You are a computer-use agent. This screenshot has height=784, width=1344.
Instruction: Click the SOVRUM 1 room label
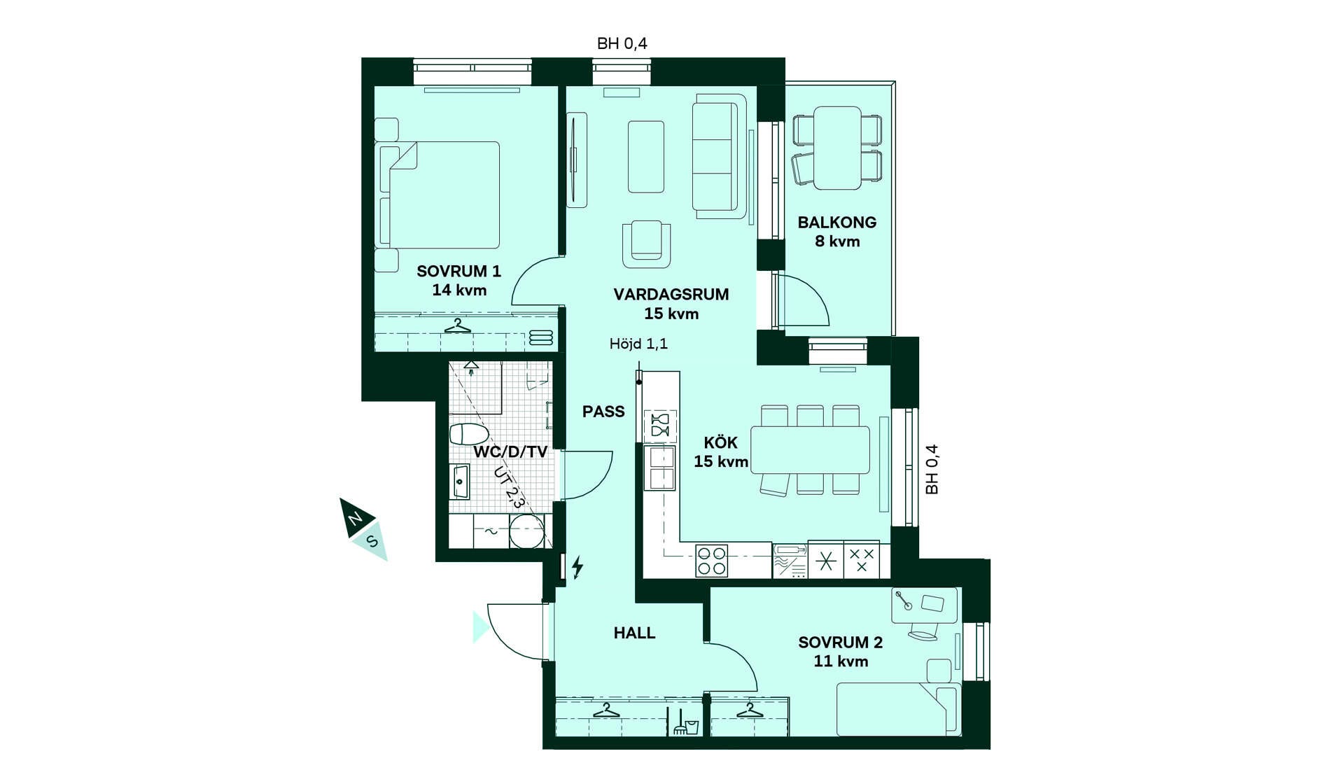tap(458, 271)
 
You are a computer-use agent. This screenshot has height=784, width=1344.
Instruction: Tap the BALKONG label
tap(836, 223)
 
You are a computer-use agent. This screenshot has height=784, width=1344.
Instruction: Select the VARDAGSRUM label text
tap(671, 295)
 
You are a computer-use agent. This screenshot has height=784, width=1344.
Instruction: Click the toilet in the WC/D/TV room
tap(468, 434)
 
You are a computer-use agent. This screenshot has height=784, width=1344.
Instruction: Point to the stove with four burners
tap(711, 561)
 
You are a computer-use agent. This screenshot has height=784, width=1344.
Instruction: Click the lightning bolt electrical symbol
tap(577, 567)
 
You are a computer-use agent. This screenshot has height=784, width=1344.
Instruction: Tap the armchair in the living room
tap(646, 244)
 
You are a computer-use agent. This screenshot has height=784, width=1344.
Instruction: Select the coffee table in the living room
tap(645, 157)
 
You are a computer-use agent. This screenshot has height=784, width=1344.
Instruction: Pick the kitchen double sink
tap(660, 468)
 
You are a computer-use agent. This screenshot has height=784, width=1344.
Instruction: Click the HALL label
tap(635, 633)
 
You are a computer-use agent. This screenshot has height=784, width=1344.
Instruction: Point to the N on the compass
tap(355, 519)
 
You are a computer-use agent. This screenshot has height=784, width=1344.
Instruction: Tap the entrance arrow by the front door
tap(480, 627)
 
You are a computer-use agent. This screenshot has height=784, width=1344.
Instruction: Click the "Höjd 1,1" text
tap(638, 344)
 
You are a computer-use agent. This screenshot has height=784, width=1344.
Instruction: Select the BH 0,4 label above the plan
tap(622, 43)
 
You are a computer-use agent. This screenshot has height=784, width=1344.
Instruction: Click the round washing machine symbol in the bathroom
tap(526, 531)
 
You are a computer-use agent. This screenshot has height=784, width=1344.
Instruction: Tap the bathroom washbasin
tap(460, 482)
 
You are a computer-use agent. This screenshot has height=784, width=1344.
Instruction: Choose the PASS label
tap(603, 412)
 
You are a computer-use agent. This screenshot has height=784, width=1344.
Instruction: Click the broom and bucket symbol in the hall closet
tap(685, 722)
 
